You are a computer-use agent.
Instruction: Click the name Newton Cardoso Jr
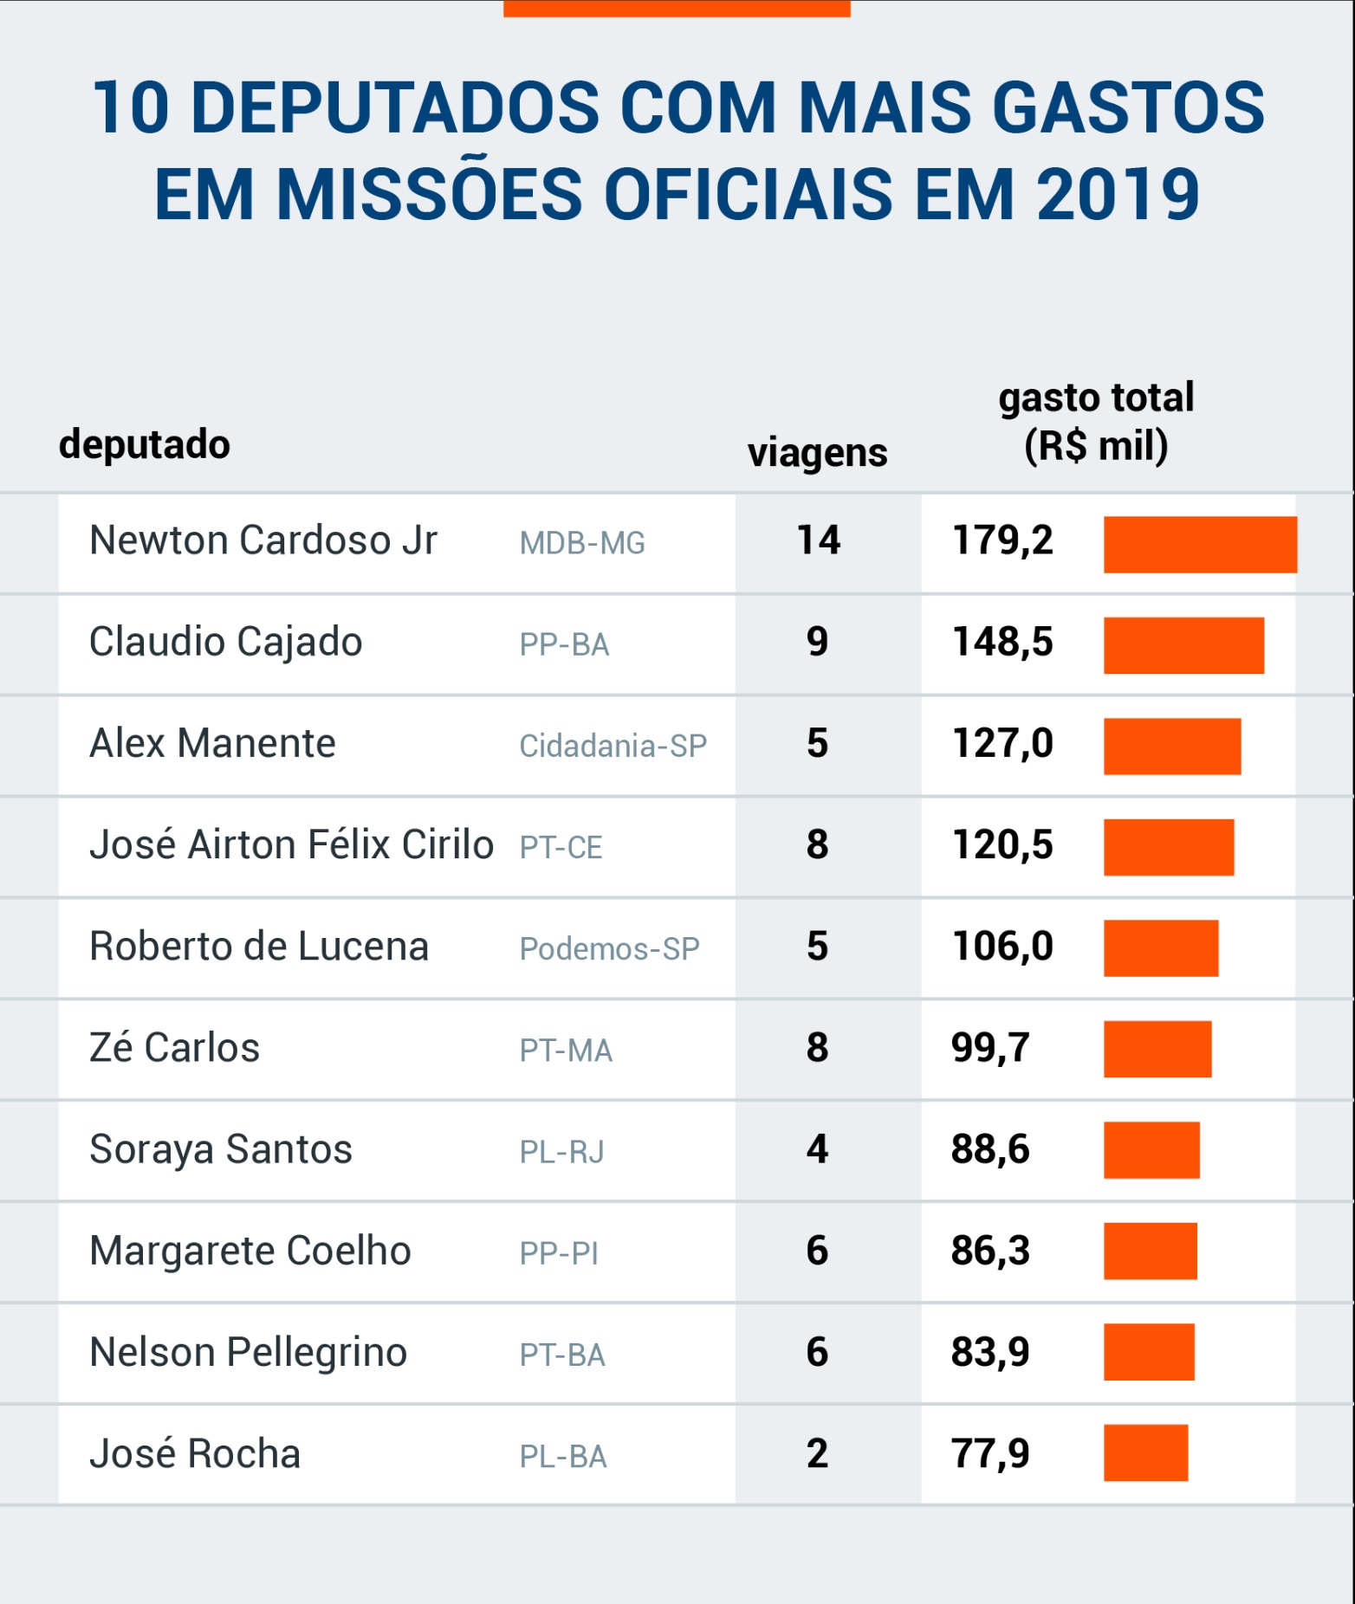[x=263, y=540]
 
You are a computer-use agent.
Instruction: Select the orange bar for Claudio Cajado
[x=1183, y=645]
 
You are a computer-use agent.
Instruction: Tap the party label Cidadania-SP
[x=613, y=746]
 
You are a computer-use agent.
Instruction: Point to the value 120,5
[x=1002, y=844]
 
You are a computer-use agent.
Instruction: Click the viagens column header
[x=817, y=453]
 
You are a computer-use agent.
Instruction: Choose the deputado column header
[x=145, y=444]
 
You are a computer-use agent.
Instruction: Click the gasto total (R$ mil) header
[x=1096, y=422]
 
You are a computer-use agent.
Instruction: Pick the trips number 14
[x=818, y=540]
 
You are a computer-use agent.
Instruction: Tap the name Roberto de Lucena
[x=259, y=947]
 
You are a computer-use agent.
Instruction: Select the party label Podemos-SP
[x=609, y=949]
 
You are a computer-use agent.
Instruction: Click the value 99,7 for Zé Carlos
[x=990, y=1048]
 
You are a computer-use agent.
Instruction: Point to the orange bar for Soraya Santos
[x=1151, y=1150]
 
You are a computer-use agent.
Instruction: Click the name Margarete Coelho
[x=250, y=1252]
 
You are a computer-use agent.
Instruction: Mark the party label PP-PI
[x=559, y=1254]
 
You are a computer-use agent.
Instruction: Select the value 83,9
[x=990, y=1352]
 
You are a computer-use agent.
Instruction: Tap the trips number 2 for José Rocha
[x=817, y=1454]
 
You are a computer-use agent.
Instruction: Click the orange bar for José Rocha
[x=1145, y=1453]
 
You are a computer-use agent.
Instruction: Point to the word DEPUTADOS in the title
[x=394, y=108]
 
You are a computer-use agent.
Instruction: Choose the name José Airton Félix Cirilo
[x=291, y=845]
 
